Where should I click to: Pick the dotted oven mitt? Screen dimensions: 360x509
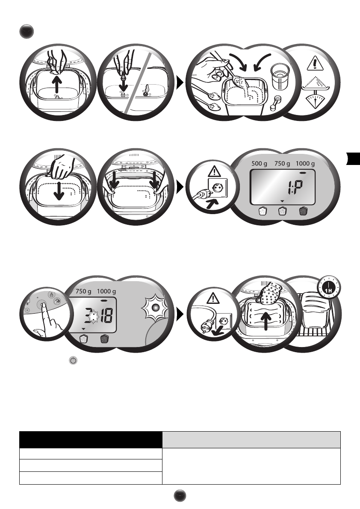click(x=268, y=294)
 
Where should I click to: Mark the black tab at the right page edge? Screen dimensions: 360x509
click(x=353, y=159)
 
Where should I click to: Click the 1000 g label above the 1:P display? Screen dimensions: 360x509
click(x=305, y=163)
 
